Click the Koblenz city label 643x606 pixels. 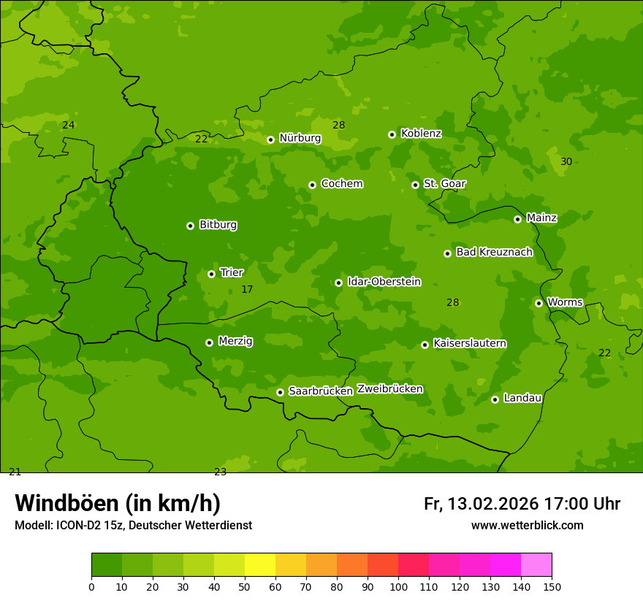point(421,134)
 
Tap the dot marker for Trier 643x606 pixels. point(211,274)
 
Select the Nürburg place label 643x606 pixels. point(300,138)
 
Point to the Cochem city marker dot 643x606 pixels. point(312,185)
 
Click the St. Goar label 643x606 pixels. point(444,183)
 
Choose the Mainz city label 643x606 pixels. point(541,218)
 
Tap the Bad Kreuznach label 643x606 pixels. point(494,252)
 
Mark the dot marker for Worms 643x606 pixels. point(539,303)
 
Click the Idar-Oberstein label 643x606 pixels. point(384,281)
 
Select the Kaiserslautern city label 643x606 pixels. point(470,343)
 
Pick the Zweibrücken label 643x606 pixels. point(389,388)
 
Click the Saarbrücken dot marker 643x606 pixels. point(280,392)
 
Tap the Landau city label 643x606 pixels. point(522,398)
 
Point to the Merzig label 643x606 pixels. point(235,341)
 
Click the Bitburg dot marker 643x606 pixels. point(190,226)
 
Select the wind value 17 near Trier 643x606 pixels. point(247,290)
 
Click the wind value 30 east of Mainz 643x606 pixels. point(566,161)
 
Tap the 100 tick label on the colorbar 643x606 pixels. point(398,586)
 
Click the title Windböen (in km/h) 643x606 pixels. point(118,503)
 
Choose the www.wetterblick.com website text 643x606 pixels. point(527,526)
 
